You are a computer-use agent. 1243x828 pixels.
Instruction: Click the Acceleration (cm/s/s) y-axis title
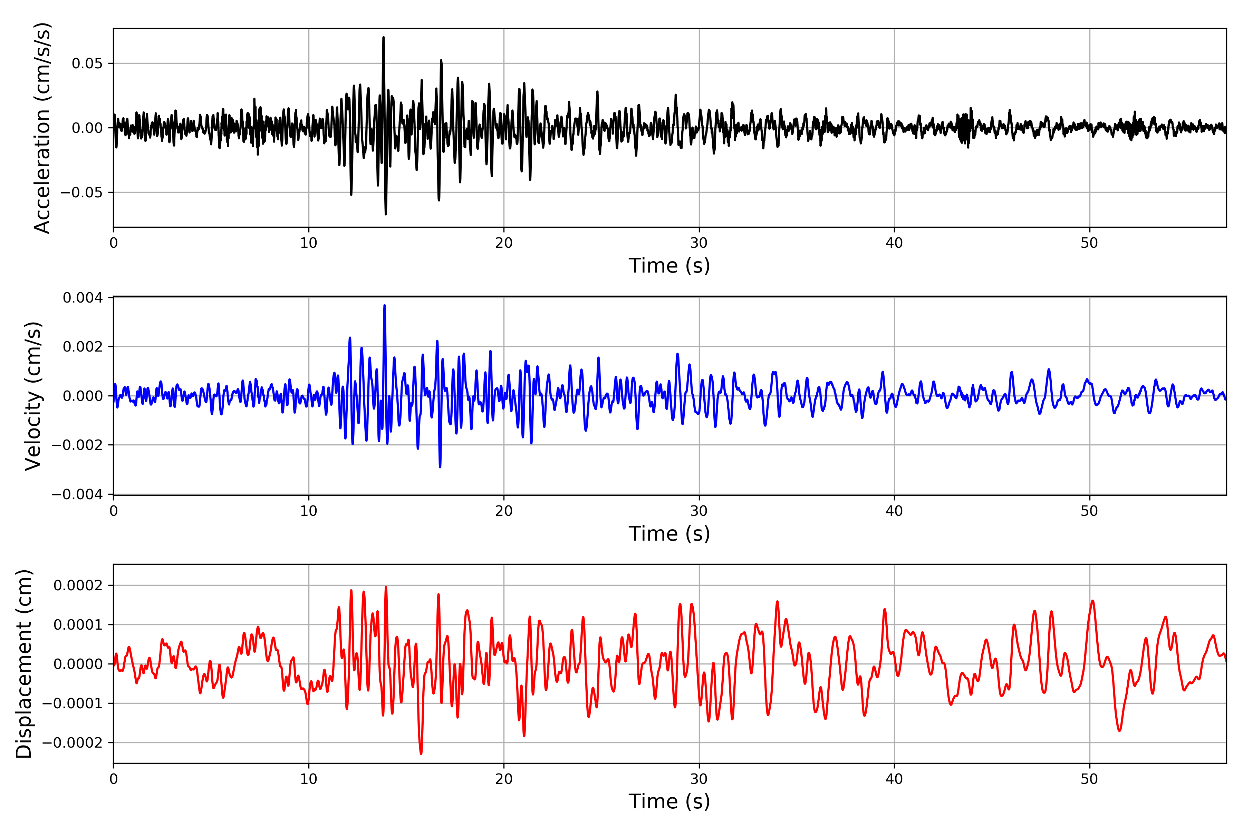click(x=42, y=128)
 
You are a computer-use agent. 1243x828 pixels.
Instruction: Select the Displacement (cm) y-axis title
click(x=24, y=664)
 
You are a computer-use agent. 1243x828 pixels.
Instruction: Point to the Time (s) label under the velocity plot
click(x=669, y=533)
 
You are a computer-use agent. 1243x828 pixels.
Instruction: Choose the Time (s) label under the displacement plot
click(x=669, y=801)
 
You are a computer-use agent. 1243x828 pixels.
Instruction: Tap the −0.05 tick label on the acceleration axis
click(x=81, y=192)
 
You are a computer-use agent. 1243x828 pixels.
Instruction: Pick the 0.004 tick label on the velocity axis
click(x=83, y=298)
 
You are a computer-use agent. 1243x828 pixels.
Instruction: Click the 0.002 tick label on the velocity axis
click(x=83, y=347)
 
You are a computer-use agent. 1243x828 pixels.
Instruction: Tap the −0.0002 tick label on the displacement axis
click(x=73, y=742)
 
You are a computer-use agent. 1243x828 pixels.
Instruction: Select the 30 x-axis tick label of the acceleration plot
click(x=698, y=243)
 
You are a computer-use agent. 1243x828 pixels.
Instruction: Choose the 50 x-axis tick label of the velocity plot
click(x=1089, y=511)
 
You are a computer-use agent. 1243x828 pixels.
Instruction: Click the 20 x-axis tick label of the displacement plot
click(x=504, y=779)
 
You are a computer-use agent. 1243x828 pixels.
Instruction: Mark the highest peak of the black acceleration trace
click(x=384, y=38)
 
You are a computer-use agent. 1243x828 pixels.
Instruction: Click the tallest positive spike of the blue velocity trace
click(x=384, y=305)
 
